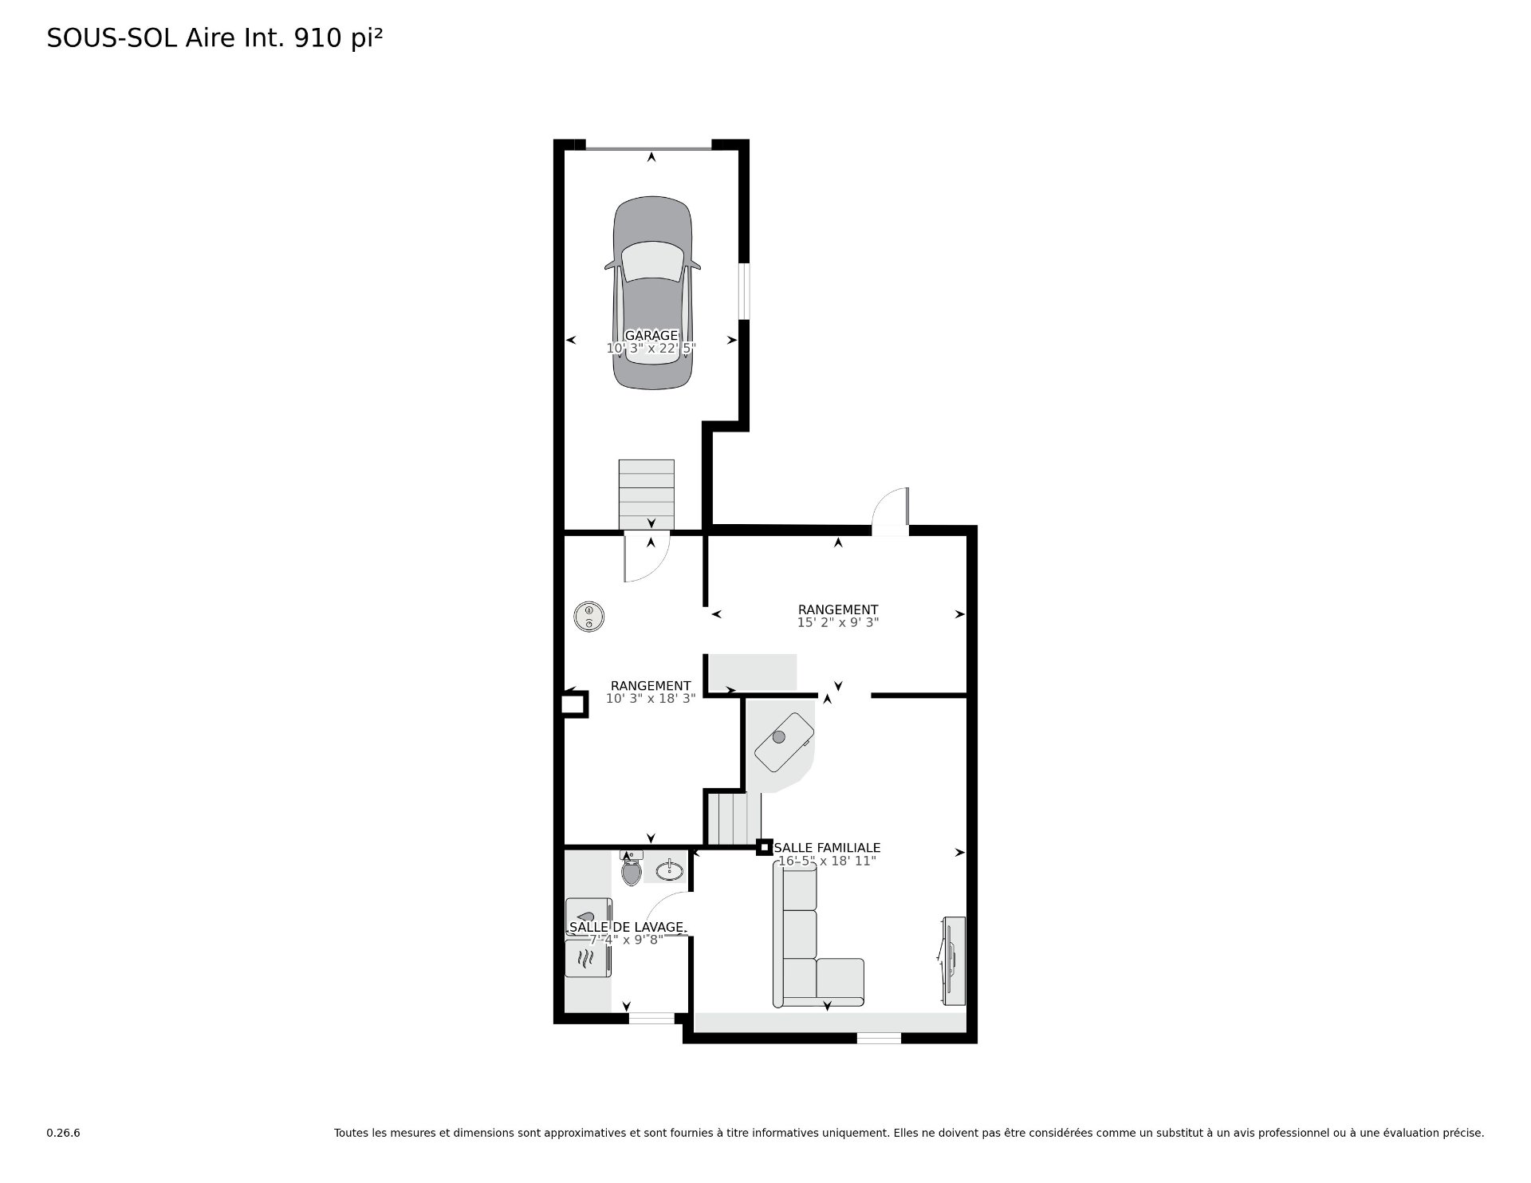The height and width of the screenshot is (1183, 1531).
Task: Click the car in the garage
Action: point(651,294)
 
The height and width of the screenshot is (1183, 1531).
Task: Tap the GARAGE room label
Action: point(651,336)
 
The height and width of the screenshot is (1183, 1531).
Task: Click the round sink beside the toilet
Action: point(670,870)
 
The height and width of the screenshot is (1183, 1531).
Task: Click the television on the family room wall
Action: point(953,961)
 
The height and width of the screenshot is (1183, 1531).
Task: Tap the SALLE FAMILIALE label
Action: point(827,848)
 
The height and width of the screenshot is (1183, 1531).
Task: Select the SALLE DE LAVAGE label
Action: point(627,927)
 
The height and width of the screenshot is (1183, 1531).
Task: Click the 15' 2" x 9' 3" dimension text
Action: point(838,622)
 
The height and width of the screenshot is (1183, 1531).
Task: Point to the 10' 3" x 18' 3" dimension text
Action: point(651,698)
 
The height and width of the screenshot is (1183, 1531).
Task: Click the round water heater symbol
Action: point(588,616)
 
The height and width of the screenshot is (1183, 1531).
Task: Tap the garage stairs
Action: point(647,494)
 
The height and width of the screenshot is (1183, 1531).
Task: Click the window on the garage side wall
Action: point(744,292)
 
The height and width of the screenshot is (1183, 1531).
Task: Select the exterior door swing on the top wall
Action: point(891,511)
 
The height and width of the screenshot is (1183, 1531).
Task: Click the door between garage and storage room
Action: point(647,558)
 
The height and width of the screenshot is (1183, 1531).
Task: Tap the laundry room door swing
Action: point(666,914)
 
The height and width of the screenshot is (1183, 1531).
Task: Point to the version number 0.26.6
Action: point(63,1133)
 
